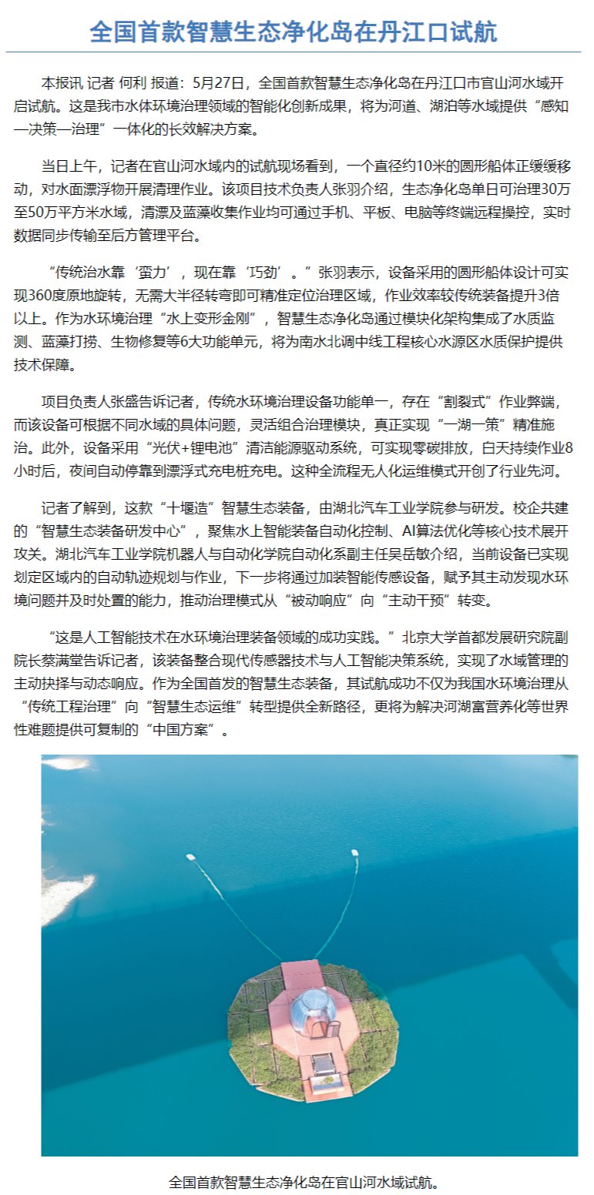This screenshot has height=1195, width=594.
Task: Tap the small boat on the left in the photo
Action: point(191,856)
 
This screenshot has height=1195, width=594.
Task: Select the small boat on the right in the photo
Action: point(354,852)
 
